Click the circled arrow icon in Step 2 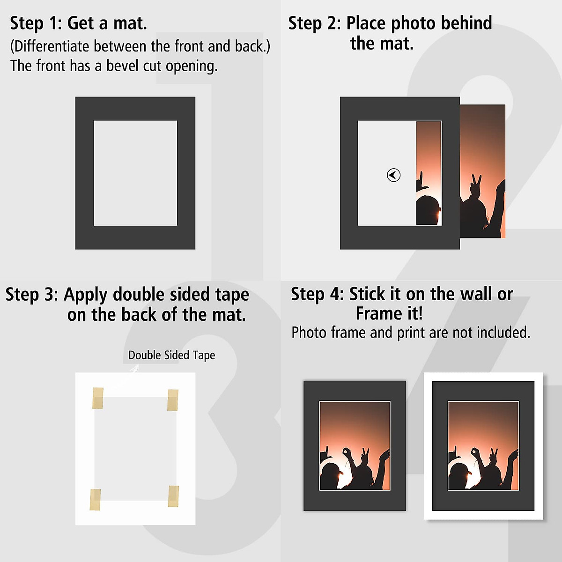point(393,175)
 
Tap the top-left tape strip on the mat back point(97,398)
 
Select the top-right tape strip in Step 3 point(173,399)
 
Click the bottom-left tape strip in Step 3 point(95,499)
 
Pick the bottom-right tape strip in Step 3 point(173,496)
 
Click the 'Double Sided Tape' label point(171,355)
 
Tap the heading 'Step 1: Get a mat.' point(78,23)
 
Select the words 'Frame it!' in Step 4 point(389,313)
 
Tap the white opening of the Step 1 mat point(135,173)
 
